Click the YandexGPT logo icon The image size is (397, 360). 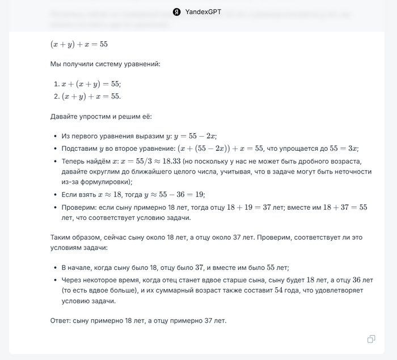[177, 11]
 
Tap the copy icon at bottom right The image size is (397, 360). [371, 339]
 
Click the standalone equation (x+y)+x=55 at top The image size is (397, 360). [79, 44]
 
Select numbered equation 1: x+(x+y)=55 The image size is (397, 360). [87, 83]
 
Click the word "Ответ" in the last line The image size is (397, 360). [61, 320]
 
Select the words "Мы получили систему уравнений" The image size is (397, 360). [105, 63]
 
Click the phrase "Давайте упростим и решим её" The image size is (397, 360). [100, 116]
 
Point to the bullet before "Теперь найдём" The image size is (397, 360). [55, 162]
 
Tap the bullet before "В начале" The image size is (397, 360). [55, 268]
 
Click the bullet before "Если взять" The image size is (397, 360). [55, 194]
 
